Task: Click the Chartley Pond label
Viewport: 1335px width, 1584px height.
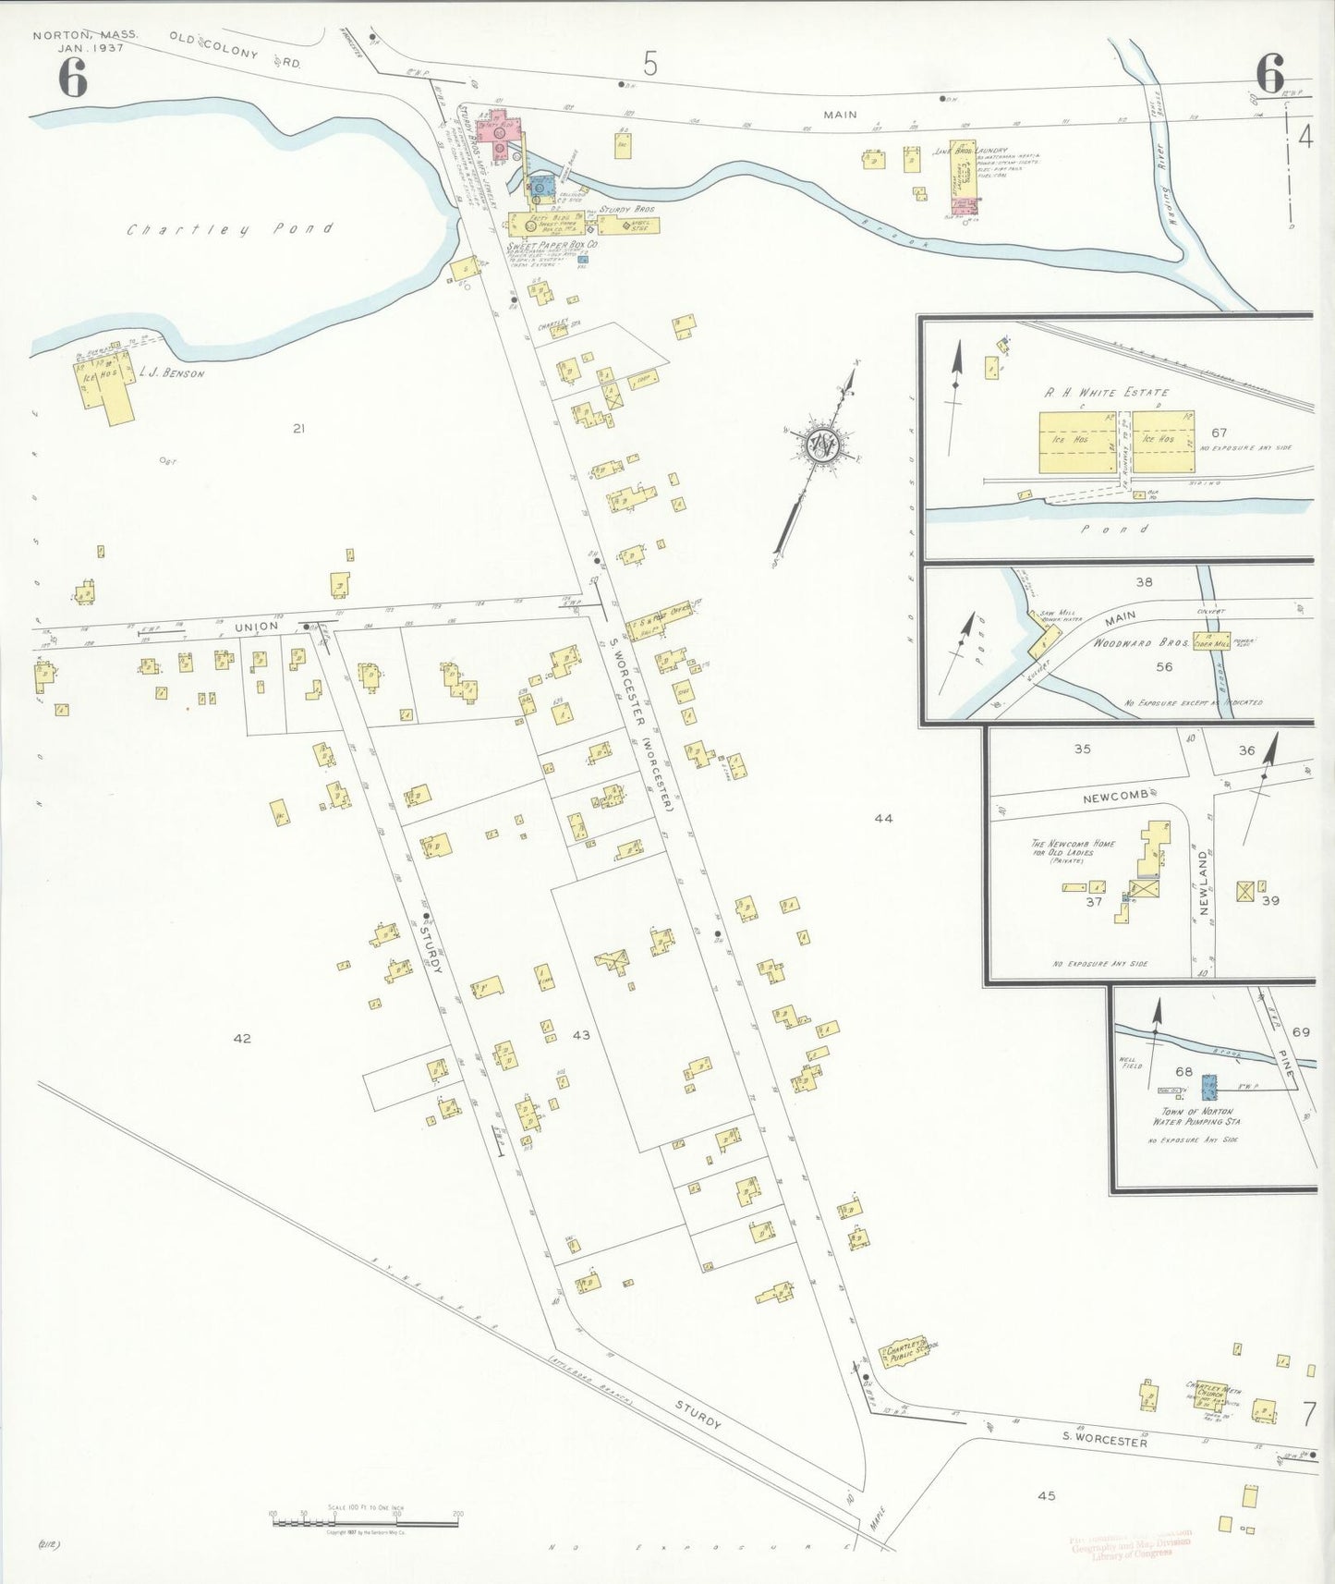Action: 229,228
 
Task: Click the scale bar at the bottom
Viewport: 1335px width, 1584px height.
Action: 367,1521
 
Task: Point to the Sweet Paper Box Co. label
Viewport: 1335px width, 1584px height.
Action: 553,245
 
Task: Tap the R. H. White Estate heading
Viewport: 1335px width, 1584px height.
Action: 1106,392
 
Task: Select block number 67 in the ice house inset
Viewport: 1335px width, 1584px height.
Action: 1219,433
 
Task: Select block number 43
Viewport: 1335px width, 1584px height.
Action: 580,1035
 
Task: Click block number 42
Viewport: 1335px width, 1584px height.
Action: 241,1039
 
